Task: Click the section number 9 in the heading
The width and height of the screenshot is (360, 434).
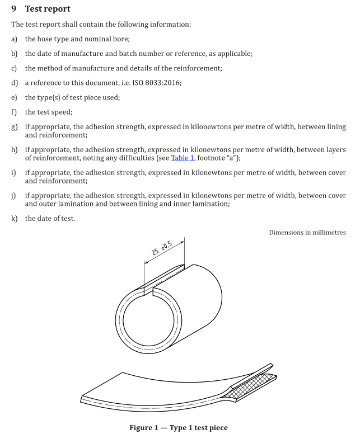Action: (x=14, y=9)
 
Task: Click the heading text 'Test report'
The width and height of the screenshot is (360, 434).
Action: (x=48, y=9)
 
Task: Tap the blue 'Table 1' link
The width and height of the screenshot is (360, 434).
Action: (x=183, y=158)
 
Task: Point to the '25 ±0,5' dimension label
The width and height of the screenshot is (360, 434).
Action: (x=162, y=248)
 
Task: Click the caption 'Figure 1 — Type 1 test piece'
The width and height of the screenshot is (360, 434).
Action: (x=179, y=428)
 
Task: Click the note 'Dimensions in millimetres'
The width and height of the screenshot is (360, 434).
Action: (x=307, y=233)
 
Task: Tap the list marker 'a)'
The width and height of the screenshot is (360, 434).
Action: (x=14, y=39)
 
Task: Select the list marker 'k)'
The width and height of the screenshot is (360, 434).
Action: (x=15, y=219)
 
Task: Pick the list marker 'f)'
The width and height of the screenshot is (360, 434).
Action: (x=14, y=112)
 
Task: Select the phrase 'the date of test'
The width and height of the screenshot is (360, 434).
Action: (x=50, y=219)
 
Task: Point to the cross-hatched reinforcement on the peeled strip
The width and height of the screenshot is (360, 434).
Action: (x=251, y=386)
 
